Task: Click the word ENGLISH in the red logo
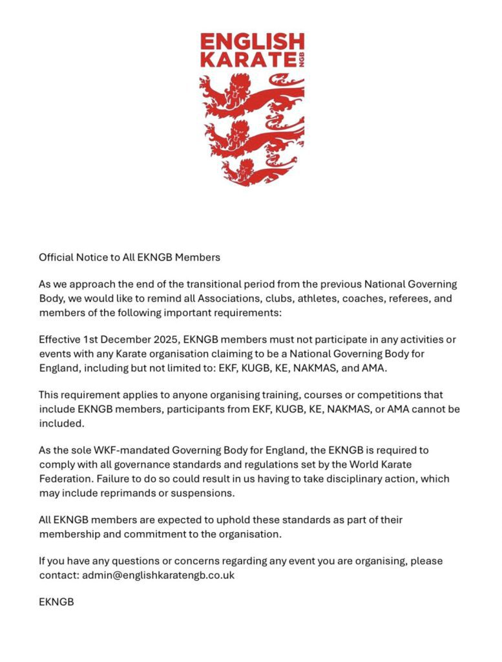251,43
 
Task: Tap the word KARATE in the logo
245,61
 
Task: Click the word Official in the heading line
56,257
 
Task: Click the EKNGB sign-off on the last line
56,602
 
